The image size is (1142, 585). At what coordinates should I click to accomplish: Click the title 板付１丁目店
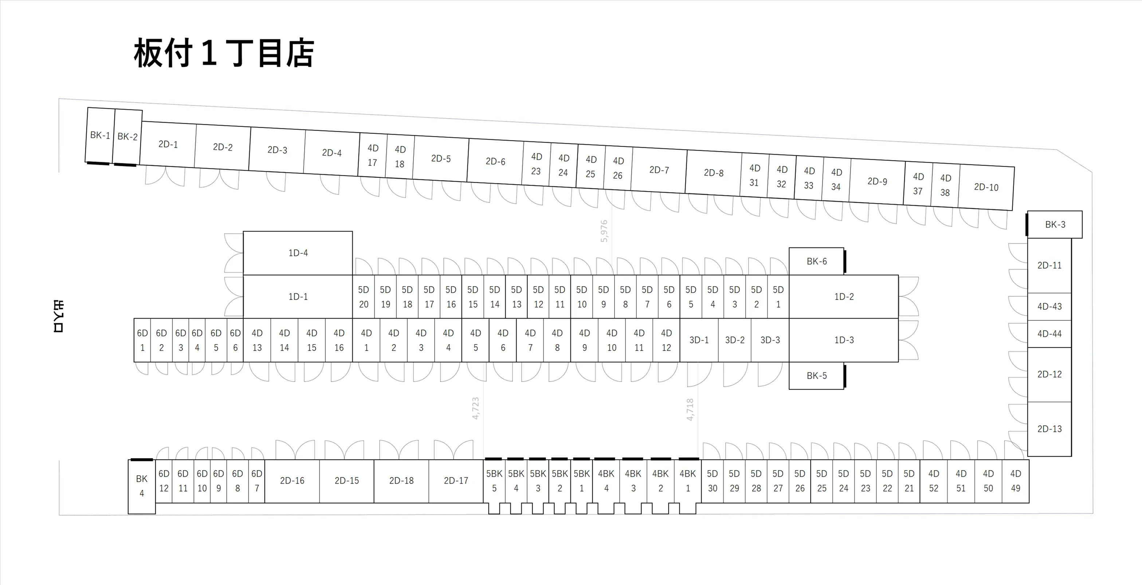tap(224, 53)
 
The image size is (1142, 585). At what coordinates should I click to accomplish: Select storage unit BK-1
tap(100, 135)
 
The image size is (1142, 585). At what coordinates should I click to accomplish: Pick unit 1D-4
tap(298, 253)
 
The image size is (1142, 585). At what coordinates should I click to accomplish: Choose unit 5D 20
tap(364, 297)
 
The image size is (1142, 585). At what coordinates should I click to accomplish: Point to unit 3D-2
tap(735, 340)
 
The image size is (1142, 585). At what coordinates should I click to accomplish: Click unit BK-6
tap(816, 261)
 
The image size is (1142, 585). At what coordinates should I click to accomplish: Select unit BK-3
tap(1055, 225)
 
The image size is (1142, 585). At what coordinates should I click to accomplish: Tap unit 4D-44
tap(1049, 334)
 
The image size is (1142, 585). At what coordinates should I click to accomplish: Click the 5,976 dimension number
tap(604, 231)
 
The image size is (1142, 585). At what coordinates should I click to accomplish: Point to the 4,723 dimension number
tap(476, 408)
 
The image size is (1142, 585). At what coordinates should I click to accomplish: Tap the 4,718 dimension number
tap(690, 409)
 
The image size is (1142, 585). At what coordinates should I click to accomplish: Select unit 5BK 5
tap(494, 481)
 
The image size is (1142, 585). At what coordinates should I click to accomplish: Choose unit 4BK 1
tap(688, 481)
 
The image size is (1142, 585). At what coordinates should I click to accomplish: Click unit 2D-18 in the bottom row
tap(401, 481)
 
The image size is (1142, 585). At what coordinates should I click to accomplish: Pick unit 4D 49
tap(1015, 481)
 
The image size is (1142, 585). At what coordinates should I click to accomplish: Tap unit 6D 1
tap(142, 340)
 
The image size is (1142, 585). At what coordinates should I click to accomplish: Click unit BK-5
tap(816, 376)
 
